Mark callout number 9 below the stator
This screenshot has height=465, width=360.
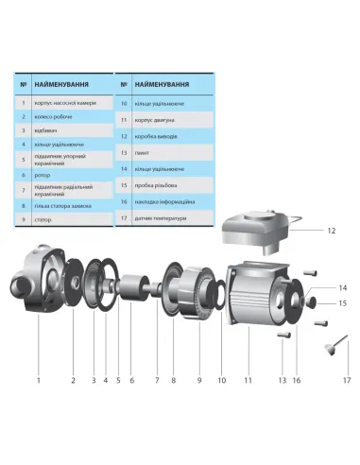[x=198, y=379]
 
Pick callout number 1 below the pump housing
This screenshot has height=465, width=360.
[x=39, y=379]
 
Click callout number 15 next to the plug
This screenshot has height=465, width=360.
[x=317, y=303]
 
